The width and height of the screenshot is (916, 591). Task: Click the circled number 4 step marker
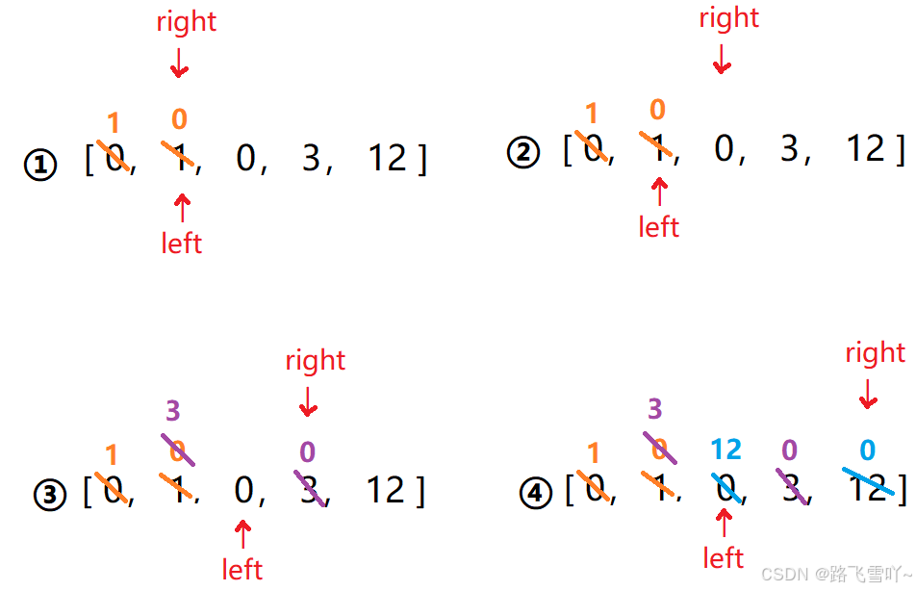[535, 494]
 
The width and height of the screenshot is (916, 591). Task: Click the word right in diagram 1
[187, 21]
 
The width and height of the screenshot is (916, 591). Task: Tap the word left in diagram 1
[182, 243]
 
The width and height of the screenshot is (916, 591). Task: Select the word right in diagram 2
[729, 17]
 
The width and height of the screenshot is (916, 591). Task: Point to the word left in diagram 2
[659, 226]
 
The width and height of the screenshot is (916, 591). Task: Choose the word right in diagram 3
[316, 360]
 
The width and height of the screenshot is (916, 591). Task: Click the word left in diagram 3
[242, 569]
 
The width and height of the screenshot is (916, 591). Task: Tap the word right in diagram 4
[876, 352]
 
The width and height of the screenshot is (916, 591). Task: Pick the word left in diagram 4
[724, 557]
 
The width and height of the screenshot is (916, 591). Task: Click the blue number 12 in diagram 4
[726, 449]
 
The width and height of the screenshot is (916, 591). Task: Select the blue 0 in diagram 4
[867, 450]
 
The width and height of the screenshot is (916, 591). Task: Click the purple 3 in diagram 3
[173, 411]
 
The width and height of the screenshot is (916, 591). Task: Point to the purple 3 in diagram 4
[655, 409]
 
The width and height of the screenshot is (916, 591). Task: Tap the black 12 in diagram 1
[388, 159]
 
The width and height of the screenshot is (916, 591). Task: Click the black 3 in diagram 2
[789, 148]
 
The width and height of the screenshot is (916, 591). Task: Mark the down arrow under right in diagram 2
[722, 61]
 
